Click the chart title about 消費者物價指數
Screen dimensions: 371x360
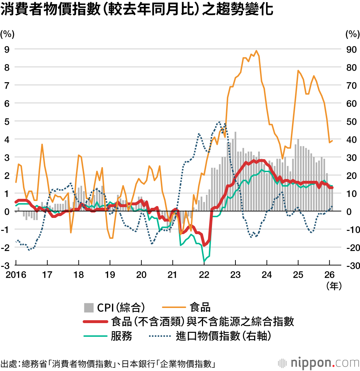tap(137, 10)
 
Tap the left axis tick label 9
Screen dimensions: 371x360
tap(6, 49)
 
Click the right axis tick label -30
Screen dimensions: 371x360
tap(350, 265)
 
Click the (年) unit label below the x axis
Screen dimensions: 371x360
tap(334, 286)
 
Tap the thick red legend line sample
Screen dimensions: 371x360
tap(95, 321)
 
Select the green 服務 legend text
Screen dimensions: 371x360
tap(121, 336)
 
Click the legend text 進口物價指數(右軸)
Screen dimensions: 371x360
tap(223, 336)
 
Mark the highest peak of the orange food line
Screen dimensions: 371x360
tap(256, 51)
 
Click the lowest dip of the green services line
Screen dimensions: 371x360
tap(204, 261)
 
